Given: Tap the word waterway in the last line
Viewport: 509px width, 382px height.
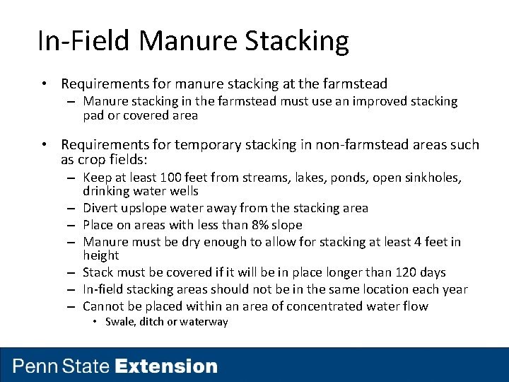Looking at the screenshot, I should click(x=205, y=322).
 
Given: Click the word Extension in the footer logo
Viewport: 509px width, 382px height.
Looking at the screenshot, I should click(x=166, y=366).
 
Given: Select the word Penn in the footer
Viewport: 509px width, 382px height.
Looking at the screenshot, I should click(x=36, y=366).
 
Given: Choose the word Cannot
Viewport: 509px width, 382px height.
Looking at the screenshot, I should click(x=103, y=306).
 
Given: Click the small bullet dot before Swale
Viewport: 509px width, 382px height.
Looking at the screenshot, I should click(x=97, y=323).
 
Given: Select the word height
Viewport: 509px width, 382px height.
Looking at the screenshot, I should click(x=100, y=255).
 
